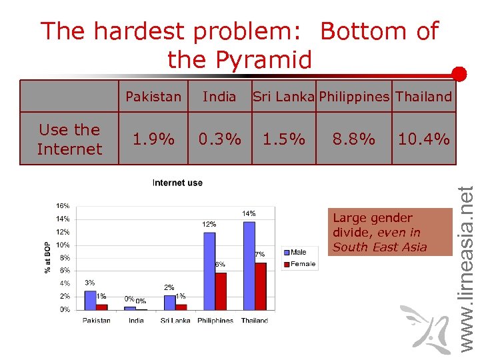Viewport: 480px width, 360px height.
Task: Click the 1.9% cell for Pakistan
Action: [x=153, y=139]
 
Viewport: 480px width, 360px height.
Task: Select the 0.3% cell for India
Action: [x=219, y=139]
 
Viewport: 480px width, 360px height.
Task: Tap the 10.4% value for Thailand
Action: [x=423, y=139]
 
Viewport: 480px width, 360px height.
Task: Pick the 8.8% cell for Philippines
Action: [x=354, y=139]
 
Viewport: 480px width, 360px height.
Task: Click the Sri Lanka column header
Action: [x=283, y=97]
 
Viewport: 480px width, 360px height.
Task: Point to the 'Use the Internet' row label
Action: [x=69, y=139]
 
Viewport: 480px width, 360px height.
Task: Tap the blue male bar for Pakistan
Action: [x=91, y=300]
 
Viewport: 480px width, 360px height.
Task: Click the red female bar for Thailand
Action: [x=261, y=286]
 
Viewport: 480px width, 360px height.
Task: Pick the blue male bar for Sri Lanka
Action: [x=169, y=303]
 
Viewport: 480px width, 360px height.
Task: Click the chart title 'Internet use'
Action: [x=177, y=183]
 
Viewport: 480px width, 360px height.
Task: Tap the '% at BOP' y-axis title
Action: [x=47, y=257]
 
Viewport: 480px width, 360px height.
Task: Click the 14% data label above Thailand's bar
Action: [x=248, y=213]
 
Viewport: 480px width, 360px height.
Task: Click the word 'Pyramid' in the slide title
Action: [x=239, y=60]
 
